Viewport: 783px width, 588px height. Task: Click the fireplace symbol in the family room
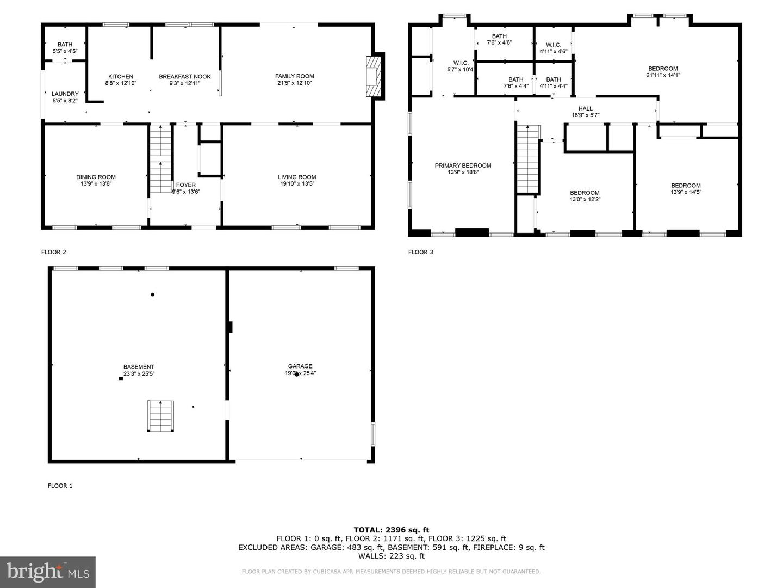(x=372, y=76)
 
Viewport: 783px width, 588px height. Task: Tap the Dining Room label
(x=96, y=177)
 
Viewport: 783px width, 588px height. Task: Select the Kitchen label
(x=121, y=76)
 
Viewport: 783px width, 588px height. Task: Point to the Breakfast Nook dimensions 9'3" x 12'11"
(x=185, y=83)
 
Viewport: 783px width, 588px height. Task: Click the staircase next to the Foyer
(x=160, y=159)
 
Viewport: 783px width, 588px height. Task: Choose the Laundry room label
(x=65, y=94)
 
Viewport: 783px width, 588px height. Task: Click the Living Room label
(x=297, y=177)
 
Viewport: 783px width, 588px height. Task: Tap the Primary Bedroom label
(x=463, y=166)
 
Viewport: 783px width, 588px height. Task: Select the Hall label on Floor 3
(x=586, y=108)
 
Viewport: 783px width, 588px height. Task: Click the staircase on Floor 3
(x=527, y=159)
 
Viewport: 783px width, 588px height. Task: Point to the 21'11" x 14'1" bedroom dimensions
(x=663, y=75)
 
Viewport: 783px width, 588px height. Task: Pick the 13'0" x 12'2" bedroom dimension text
(x=585, y=200)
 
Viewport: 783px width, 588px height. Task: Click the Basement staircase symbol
(x=160, y=416)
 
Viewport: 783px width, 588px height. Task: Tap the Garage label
(x=300, y=366)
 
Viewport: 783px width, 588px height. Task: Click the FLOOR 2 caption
(x=53, y=252)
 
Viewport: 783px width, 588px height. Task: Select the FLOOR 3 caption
(x=420, y=252)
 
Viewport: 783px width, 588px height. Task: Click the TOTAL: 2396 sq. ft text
(x=391, y=530)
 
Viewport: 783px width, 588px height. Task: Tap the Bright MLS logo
(x=48, y=572)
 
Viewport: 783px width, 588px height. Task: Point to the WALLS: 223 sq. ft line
(x=391, y=556)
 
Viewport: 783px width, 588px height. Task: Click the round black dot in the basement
(x=153, y=295)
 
